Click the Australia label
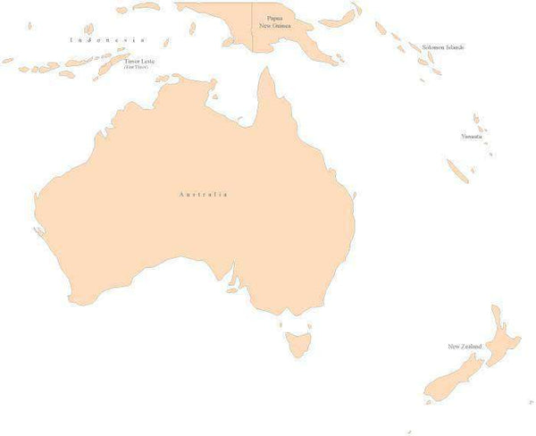click(x=203, y=194)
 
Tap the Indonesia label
click(x=107, y=40)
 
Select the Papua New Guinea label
click(x=274, y=21)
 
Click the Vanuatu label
click(x=471, y=136)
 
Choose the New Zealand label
click(x=465, y=346)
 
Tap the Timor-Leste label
click(x=139, y=63)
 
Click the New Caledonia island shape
click(x=457, y=170)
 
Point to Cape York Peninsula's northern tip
click(x=265, y=69)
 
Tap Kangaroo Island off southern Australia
click(x=232, y=289)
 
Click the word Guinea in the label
click(x=281, y=26)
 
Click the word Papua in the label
click(x=274, y=17)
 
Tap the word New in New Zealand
click(x=453, y=346)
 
